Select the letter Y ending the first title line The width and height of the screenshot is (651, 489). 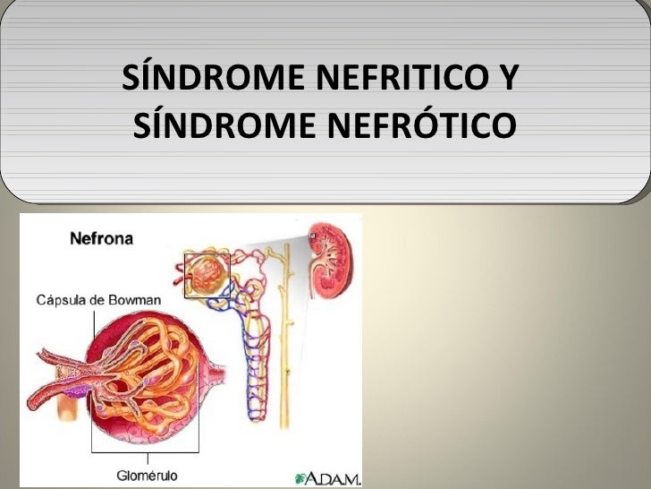503,82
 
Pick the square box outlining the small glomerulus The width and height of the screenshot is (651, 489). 207,275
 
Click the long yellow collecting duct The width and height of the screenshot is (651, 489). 287,340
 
